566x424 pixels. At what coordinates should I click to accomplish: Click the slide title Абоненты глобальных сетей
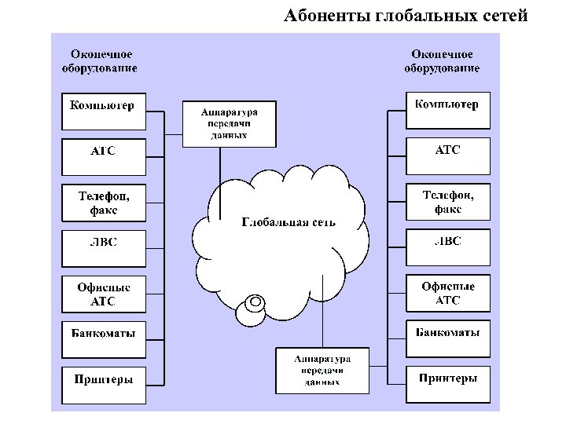(x=406, y=16)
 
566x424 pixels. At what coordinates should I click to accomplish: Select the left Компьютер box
(x=103, y=111)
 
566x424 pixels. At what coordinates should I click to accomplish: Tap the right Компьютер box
(x=447, y=111)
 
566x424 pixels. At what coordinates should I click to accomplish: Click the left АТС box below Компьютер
(x=103, y=156)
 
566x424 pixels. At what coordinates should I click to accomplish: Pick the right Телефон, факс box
(x=447, y=201)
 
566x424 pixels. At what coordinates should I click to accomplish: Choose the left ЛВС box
(x=103, y=247)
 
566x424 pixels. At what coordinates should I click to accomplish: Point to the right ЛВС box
(x=447, y=247)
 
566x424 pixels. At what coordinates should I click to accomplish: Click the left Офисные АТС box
(x=103, y=294)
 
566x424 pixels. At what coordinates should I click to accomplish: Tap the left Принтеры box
(x=103, y=386)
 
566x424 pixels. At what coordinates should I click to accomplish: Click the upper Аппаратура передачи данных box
(x=229, y=123)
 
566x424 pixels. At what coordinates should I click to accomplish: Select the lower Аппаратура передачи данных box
(x=322, y=370)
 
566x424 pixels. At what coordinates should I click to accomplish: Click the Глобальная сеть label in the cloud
(x=288, y=222)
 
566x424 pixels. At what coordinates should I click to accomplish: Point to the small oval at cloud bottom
(x=255, y=302)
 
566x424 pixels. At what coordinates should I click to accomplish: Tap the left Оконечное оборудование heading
(x=100, y=61)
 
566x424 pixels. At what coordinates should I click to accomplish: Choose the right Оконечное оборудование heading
(x=442, y=61)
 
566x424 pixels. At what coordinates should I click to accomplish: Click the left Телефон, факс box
(x=103, y=202)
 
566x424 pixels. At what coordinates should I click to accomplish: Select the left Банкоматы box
(x=103, y=339)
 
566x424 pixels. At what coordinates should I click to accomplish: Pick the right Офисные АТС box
(x=447, y=293)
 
